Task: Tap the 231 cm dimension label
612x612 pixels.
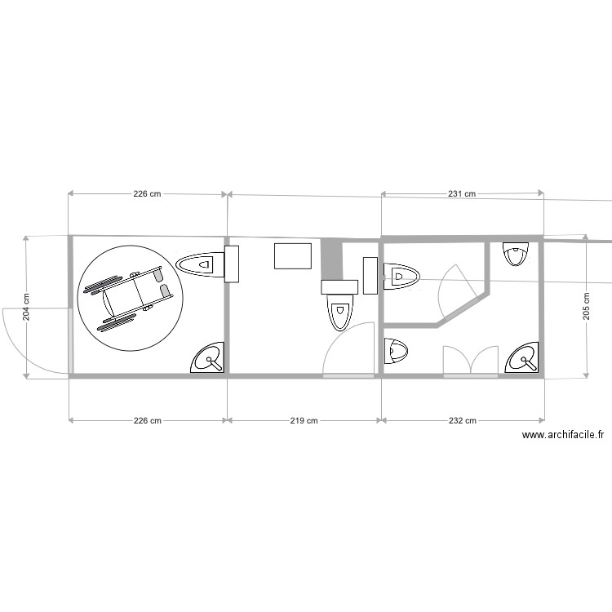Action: (x=462, y=193)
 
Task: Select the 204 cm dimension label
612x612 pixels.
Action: (x=26, y=307)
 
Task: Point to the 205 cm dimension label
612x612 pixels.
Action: (x=586, y=306)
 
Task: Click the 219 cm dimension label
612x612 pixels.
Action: (x=304, y=421)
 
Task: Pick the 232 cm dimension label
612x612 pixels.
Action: (x=462, y=421)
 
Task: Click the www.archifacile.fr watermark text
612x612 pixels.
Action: (x=563, y=435)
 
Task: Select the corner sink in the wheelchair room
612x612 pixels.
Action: (x=207, y=357)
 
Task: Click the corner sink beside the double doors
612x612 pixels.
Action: (x=522, y=357)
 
